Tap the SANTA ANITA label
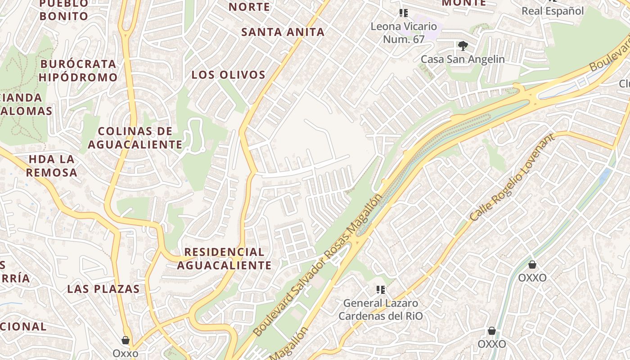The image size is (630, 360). pos(283,32)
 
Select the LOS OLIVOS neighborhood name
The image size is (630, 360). pos(229,75)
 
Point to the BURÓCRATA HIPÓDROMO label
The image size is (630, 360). pos(78,71)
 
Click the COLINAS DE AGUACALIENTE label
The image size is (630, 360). pos(135,138)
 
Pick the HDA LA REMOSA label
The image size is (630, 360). pos(52,166)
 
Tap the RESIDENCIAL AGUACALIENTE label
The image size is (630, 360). pos(224,258)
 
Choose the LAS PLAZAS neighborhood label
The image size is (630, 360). pos(103,289)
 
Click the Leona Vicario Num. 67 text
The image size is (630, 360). pos(404,33)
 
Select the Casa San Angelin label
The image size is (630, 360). pos(463,59)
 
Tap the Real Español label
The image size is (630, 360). pos(553,11)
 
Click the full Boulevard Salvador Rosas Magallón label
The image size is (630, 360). pos(318,265)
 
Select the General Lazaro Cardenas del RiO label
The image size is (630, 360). pos(381,310)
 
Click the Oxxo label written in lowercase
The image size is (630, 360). pos(126,353)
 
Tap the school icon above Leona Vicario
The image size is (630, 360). pos(404,13)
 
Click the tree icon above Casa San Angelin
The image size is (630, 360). pos(463,45)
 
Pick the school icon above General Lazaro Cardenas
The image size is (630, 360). pos(381,289)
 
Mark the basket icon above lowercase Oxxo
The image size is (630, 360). pos(126,340)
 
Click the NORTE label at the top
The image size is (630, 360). pos(249,7)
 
